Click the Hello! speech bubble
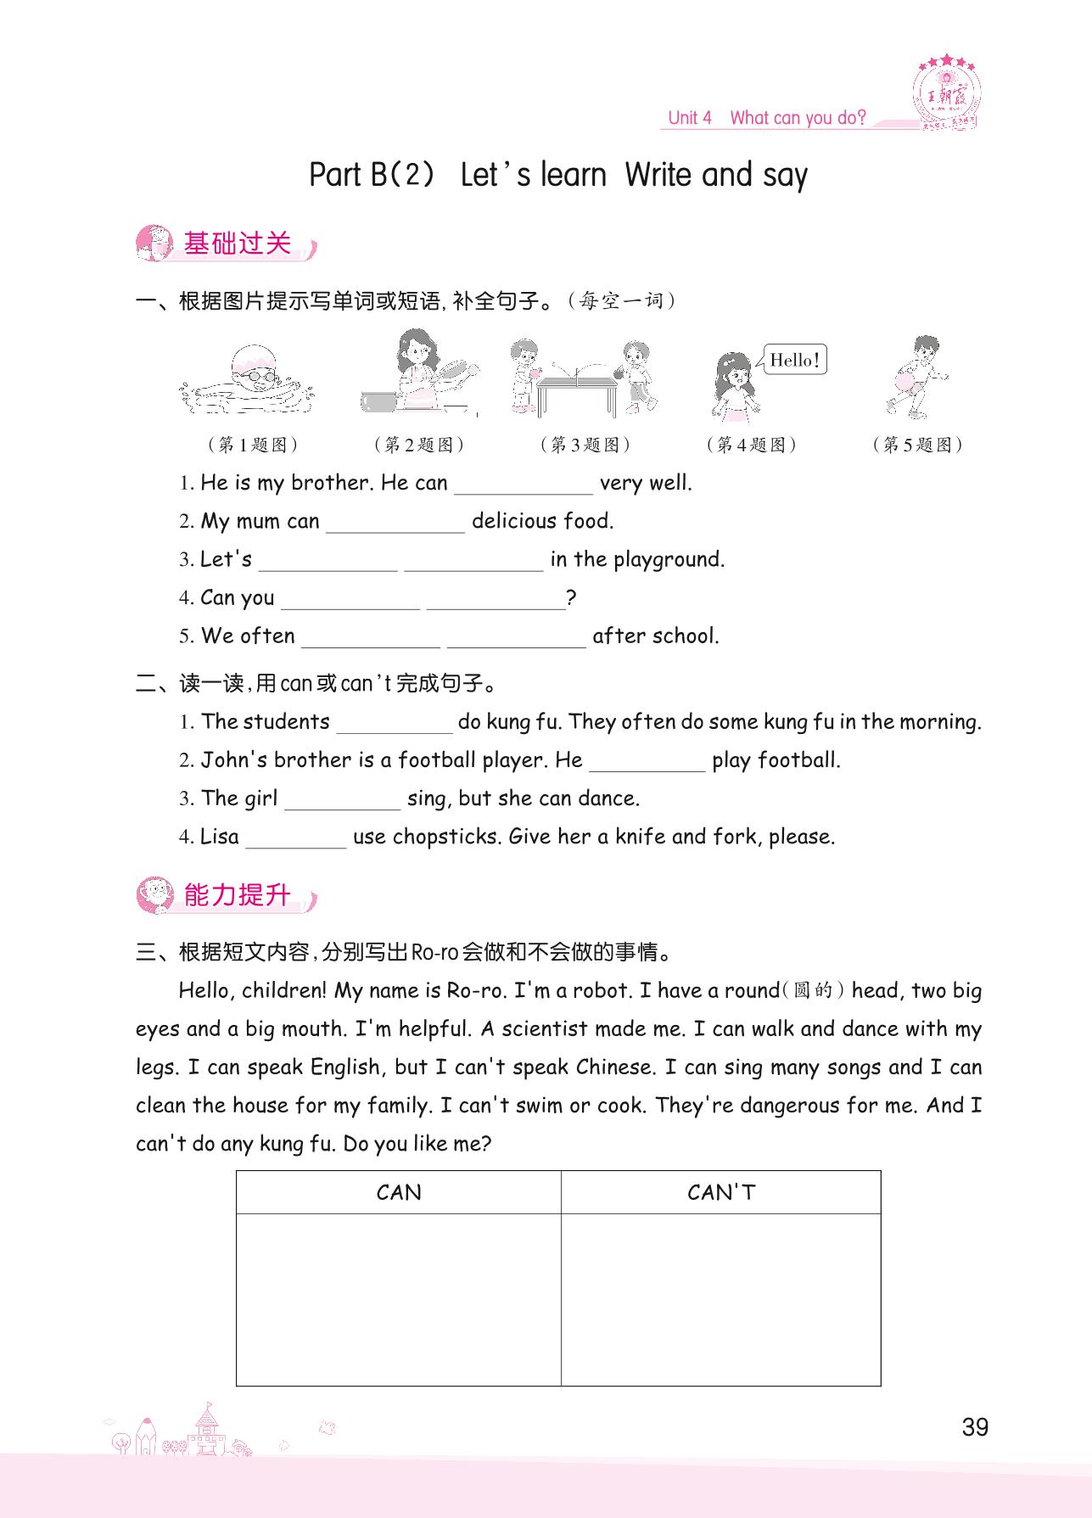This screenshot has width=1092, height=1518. pyautogui.click(x=794, y=360)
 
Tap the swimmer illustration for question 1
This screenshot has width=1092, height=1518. pyautogui.click(x=249, y=381)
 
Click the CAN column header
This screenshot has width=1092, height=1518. pyautogui.click(x=399, y=1193)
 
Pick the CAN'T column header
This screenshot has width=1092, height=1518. pyautogui.click(x=721, y=1193)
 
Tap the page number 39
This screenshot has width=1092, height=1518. pyautogui.click(x=975, y=1427)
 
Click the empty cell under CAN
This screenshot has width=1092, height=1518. pyautogui.click(x=399, y=1298)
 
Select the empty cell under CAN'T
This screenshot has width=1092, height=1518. pyautogui.click(x=721, y=1298)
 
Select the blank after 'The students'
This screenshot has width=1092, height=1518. pyautogui.click(x=395, y=724)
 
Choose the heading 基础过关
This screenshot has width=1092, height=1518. pyautogui.click(x=237, y=244)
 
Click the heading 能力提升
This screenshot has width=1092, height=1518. pyautogui.click(x=237, y=895)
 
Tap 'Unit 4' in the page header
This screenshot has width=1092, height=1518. pyautogui.click(x=689, y=118)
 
